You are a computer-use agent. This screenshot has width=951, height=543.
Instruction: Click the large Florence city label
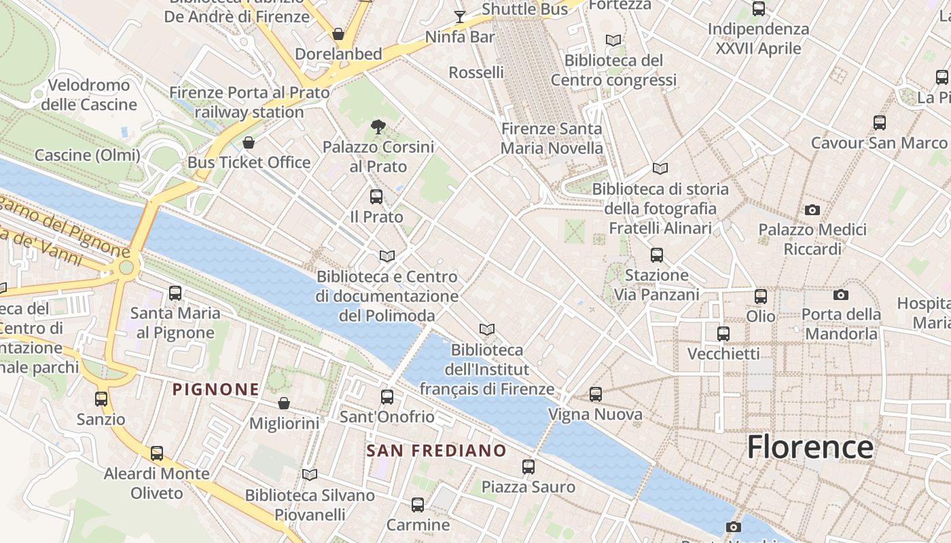(810, 447)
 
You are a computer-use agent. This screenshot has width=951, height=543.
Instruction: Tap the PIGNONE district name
(215, 390)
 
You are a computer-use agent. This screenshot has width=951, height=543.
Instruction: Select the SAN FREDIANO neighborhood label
(436, 451)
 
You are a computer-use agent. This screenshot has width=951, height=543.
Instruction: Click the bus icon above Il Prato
(376, 197)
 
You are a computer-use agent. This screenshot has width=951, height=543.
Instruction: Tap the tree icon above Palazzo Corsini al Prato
(378, 126)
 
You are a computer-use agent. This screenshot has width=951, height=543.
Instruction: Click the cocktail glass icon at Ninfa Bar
(460, 16)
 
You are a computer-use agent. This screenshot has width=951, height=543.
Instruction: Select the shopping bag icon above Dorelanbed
(338, 33)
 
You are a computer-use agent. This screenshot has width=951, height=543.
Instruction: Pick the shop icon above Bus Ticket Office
(249, 143)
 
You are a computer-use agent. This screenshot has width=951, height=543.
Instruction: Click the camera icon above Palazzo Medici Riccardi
(812, 210)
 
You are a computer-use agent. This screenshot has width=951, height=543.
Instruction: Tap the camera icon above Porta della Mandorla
(840, 295)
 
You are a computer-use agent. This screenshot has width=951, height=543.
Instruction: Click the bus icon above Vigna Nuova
(596, 394)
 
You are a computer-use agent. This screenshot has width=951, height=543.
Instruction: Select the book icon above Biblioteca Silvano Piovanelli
(310, 474)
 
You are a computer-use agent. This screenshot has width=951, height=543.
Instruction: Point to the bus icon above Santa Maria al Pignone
(175, 293)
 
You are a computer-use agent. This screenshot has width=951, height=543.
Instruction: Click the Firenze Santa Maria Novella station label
(552, 138)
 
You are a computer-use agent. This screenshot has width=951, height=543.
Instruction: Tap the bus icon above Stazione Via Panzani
(656, 255)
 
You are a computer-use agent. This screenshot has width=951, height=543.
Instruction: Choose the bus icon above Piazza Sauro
(528, 466)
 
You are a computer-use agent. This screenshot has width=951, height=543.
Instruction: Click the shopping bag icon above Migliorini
(284, 403)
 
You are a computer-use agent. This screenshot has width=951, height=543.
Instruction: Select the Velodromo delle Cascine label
(89, 95)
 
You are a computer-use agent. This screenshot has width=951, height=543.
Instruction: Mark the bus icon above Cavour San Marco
(879, 123)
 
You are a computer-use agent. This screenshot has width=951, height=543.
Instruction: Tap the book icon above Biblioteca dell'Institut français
(486, 329)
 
